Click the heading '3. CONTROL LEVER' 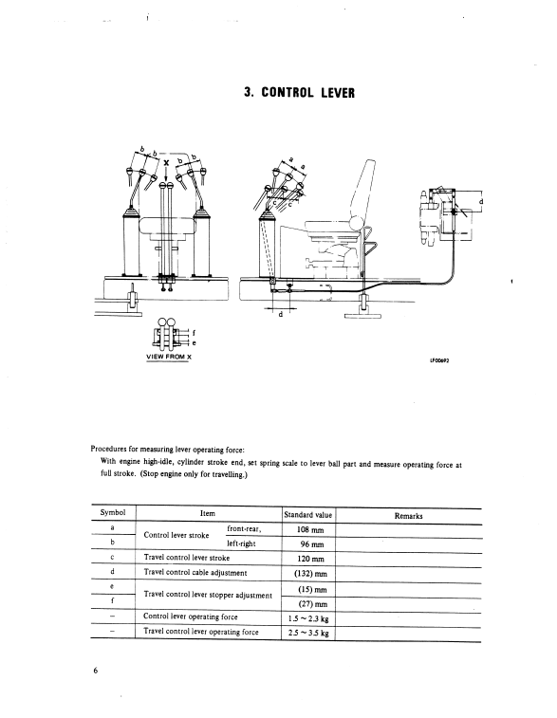pos(300,93)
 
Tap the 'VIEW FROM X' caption pos(168,357)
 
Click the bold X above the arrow pos(166,163)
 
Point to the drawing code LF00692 pos(439,359)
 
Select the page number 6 pos(96,671)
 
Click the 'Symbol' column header pos(113,512)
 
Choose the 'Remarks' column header pos(409,516)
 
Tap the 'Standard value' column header pos(307,515)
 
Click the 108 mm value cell pos(310,530)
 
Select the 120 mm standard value pos(310,559)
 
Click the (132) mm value pos(310,573)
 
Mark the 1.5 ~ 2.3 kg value pos(308,619)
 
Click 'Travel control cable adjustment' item pos(195,572)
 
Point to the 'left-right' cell pos(241,543)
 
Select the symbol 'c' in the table pos(112,558)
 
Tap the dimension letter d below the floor pos(281,315)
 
